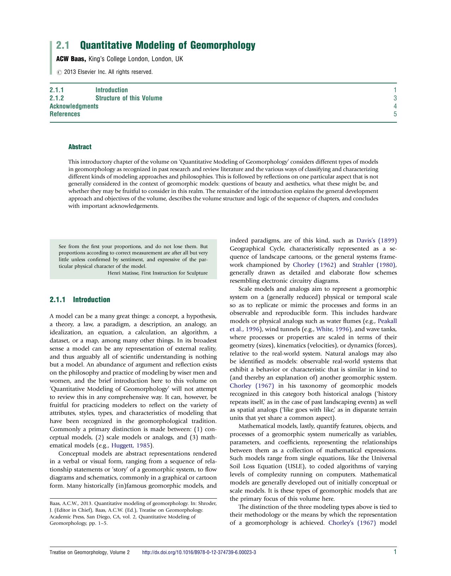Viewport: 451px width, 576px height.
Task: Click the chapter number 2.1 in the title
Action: (x=63, y=45)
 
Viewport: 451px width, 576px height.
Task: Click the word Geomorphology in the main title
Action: (x=222, y=45)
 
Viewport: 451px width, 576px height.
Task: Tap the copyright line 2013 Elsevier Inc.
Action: (x=108, y=72)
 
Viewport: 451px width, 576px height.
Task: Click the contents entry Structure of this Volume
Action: (x=129, y=98)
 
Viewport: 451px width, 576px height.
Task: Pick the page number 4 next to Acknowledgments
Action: (x=395, y=106)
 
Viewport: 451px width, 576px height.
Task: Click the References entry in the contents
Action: (x=65, y=114)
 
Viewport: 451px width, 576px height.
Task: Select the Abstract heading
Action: (x=80, y=147)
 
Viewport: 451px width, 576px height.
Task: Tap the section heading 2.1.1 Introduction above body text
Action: (x=80, y=300)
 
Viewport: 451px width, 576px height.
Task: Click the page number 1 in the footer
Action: (x=395, y=552)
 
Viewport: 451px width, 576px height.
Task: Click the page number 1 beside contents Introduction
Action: (x=395, y=90)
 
